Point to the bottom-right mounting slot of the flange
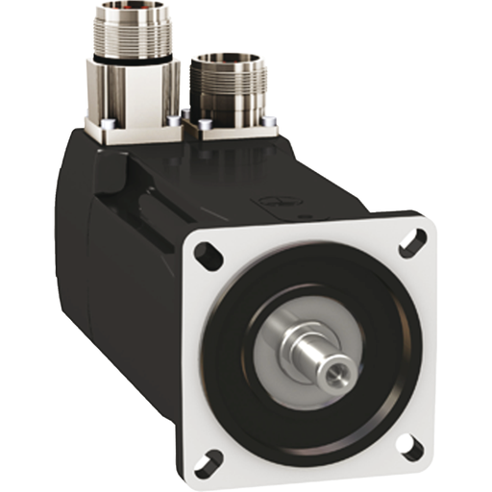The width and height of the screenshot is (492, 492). coord(414,446)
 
